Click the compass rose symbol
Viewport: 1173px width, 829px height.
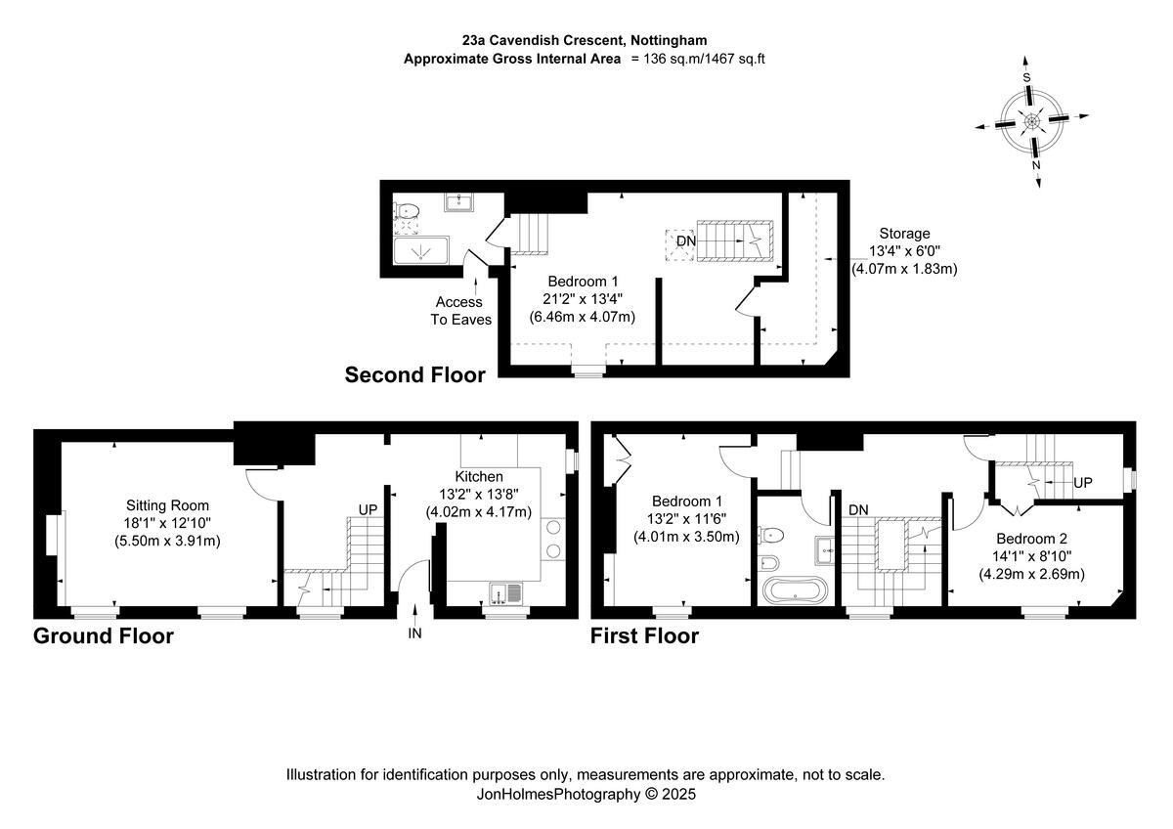pos(1032,121)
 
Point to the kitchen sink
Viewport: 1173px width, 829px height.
pos(507,591)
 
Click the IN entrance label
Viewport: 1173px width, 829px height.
pos(415,633)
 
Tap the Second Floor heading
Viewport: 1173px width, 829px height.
pos(414,374)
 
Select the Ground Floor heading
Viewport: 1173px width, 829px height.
pos(104,636)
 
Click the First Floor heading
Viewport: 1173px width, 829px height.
pos(644,636)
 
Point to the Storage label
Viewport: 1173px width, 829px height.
pos(904,234)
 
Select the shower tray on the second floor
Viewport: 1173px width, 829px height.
pos(423,252)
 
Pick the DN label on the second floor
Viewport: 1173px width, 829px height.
pos(686,240)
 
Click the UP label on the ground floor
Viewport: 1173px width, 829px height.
pos(368,510)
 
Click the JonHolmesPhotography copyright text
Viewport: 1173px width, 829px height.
pos(586,795)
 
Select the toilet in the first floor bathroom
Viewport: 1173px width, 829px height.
pos(772,535)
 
